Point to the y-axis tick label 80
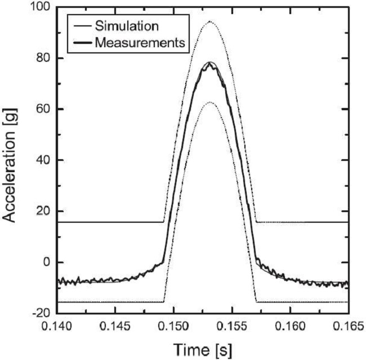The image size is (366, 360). pos(42,58)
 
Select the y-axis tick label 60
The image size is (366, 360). pos(42,109)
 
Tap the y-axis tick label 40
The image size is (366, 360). pos(42,160)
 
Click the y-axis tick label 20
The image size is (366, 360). pos(42,211)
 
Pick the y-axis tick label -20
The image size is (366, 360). pos(40,313)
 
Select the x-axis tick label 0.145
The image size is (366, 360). pos(115,327)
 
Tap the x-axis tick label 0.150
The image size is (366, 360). pos(173,327)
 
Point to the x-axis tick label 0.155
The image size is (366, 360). pos(231,327)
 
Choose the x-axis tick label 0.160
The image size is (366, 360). pos(289,327)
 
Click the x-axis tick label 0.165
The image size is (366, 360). pos(346,327)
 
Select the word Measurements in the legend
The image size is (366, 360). pos(140,42)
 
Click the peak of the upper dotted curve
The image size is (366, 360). pos(210,21)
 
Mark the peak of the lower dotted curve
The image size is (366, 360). pos(210,102)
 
